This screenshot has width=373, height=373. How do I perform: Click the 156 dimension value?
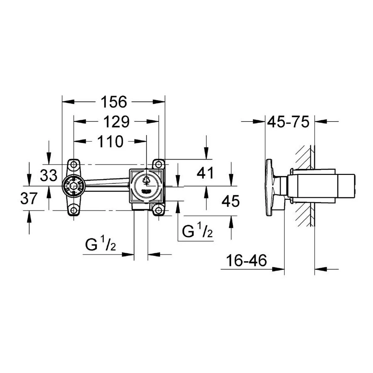click(114, 102)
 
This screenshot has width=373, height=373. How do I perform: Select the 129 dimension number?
click(116, 122)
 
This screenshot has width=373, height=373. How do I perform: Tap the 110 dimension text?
click(110, 142)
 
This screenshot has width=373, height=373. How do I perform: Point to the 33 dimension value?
click(49, 175)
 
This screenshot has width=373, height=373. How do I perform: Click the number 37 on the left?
click(29, 198)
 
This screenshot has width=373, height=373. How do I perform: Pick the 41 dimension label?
click(205, 173)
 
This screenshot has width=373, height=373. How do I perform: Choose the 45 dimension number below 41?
click(230, 201)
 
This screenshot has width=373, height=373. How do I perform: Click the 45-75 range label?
click(288, 122)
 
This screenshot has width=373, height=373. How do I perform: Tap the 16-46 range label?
click(247, 260)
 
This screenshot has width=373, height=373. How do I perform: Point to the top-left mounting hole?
click(74, 165)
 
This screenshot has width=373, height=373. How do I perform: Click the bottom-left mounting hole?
click(74, 210)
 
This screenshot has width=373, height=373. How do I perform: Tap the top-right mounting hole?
click(158, 165)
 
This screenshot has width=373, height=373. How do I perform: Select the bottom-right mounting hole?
click(158, 210)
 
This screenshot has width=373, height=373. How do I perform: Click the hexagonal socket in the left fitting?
click(74, 186)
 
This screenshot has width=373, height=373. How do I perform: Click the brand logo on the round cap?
click(146, 191)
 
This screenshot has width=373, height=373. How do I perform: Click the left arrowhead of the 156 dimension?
click(68, 102)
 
